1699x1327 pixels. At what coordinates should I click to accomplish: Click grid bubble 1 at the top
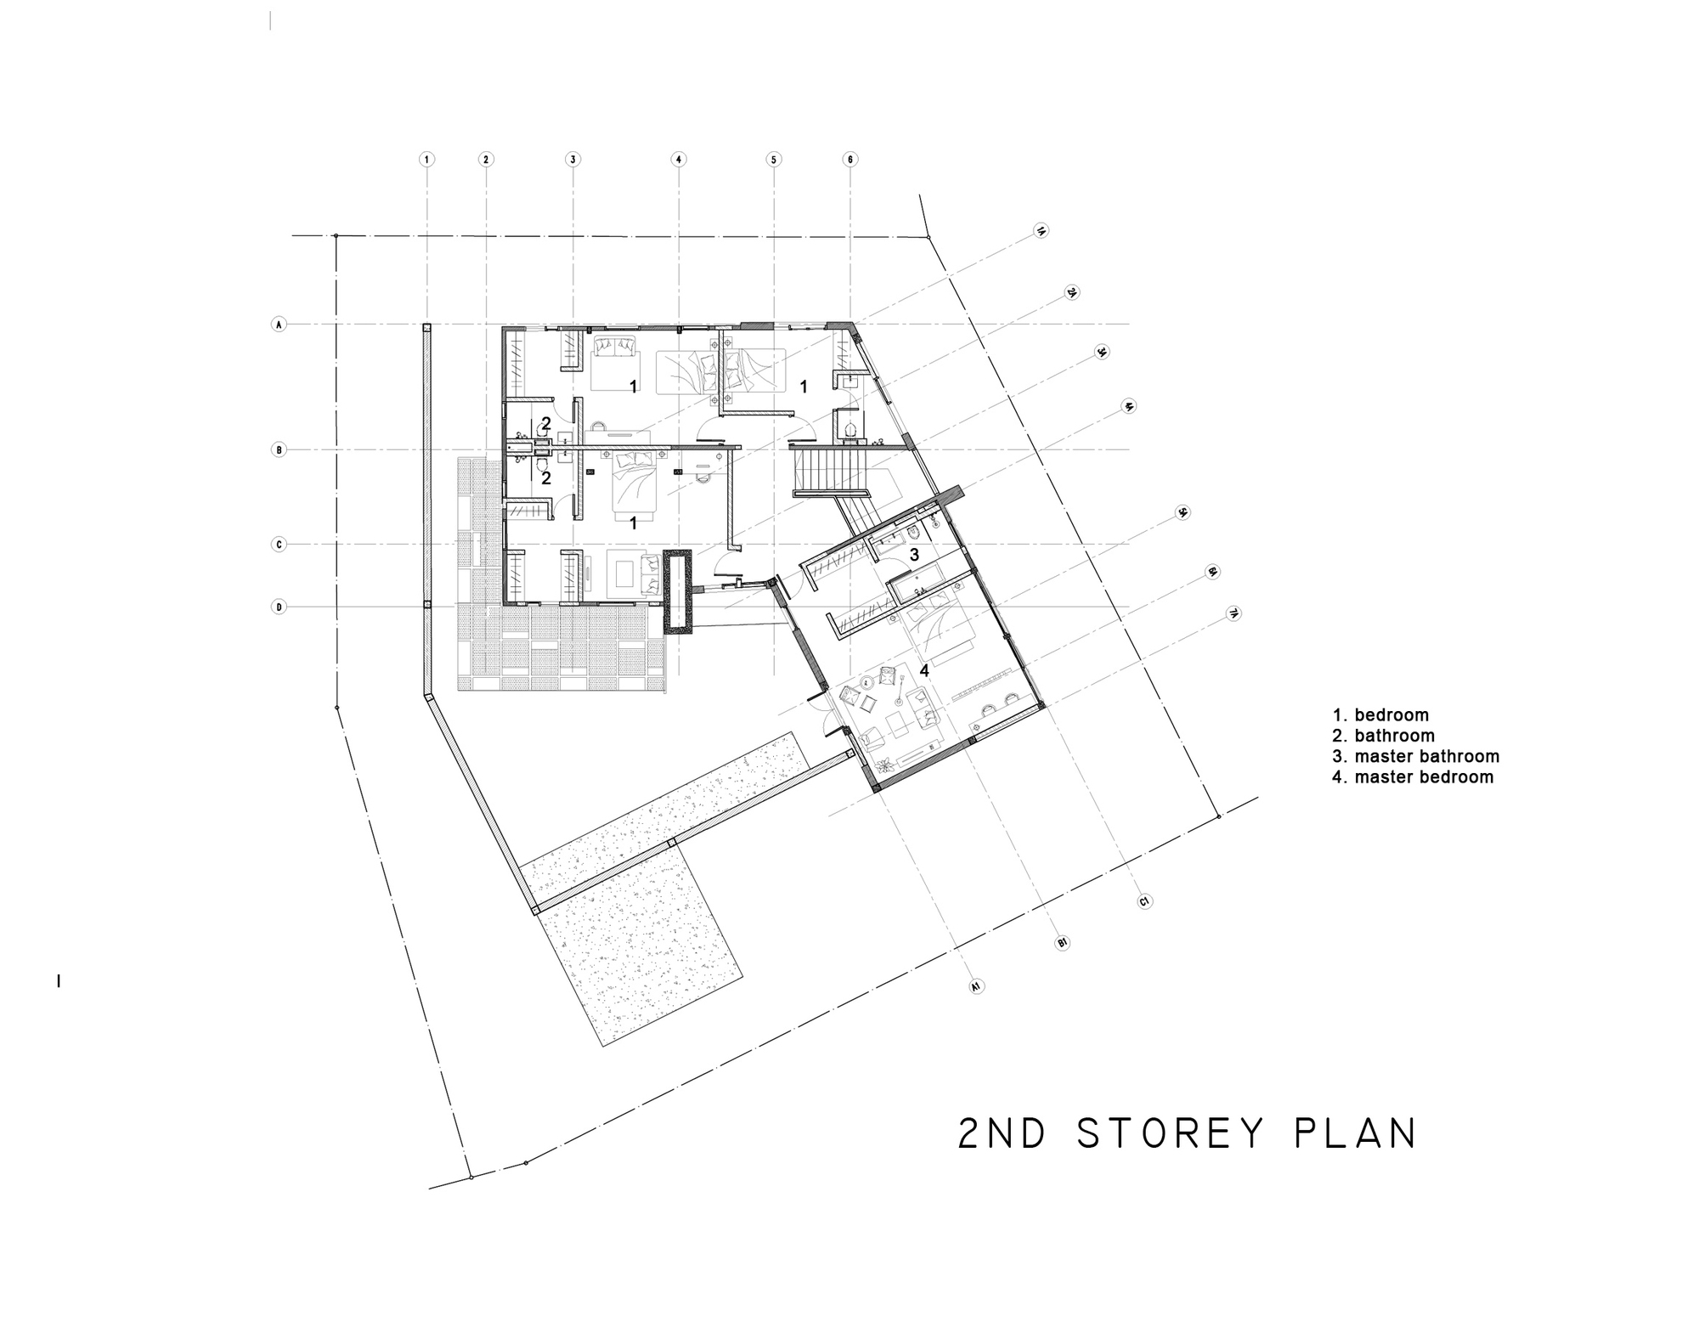[427, 159]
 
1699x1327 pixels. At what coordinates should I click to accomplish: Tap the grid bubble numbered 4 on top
[678, 159]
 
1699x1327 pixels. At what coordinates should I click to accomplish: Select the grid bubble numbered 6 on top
[850, 159]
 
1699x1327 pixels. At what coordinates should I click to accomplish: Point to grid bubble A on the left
[279, 325]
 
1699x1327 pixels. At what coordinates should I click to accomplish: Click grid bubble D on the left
[279, 607]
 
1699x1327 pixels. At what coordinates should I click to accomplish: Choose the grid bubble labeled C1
[1144, 901]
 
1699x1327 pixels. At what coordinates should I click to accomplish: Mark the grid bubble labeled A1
[976, 986]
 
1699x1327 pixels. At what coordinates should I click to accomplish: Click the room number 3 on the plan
[914, 555]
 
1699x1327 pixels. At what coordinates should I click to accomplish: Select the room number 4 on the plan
[924, 670]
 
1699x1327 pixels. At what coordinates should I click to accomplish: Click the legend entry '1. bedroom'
[1380, 715]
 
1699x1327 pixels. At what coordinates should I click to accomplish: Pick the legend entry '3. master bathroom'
[1415, 756]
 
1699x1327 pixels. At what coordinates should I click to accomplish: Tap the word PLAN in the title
[1355, 1133]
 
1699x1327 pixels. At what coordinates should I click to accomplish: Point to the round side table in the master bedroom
[867, 681]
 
